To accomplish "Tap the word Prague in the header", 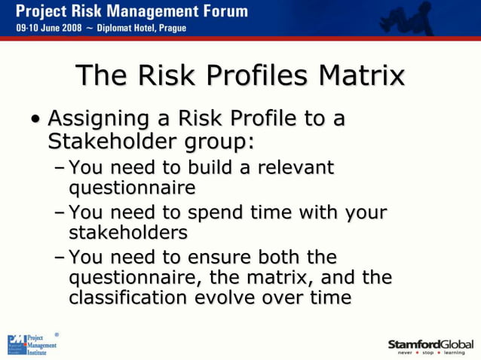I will [169, 29].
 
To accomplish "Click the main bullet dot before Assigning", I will [35, 121].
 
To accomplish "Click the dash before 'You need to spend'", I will [60, 212].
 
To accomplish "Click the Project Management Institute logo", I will [32, 345].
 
